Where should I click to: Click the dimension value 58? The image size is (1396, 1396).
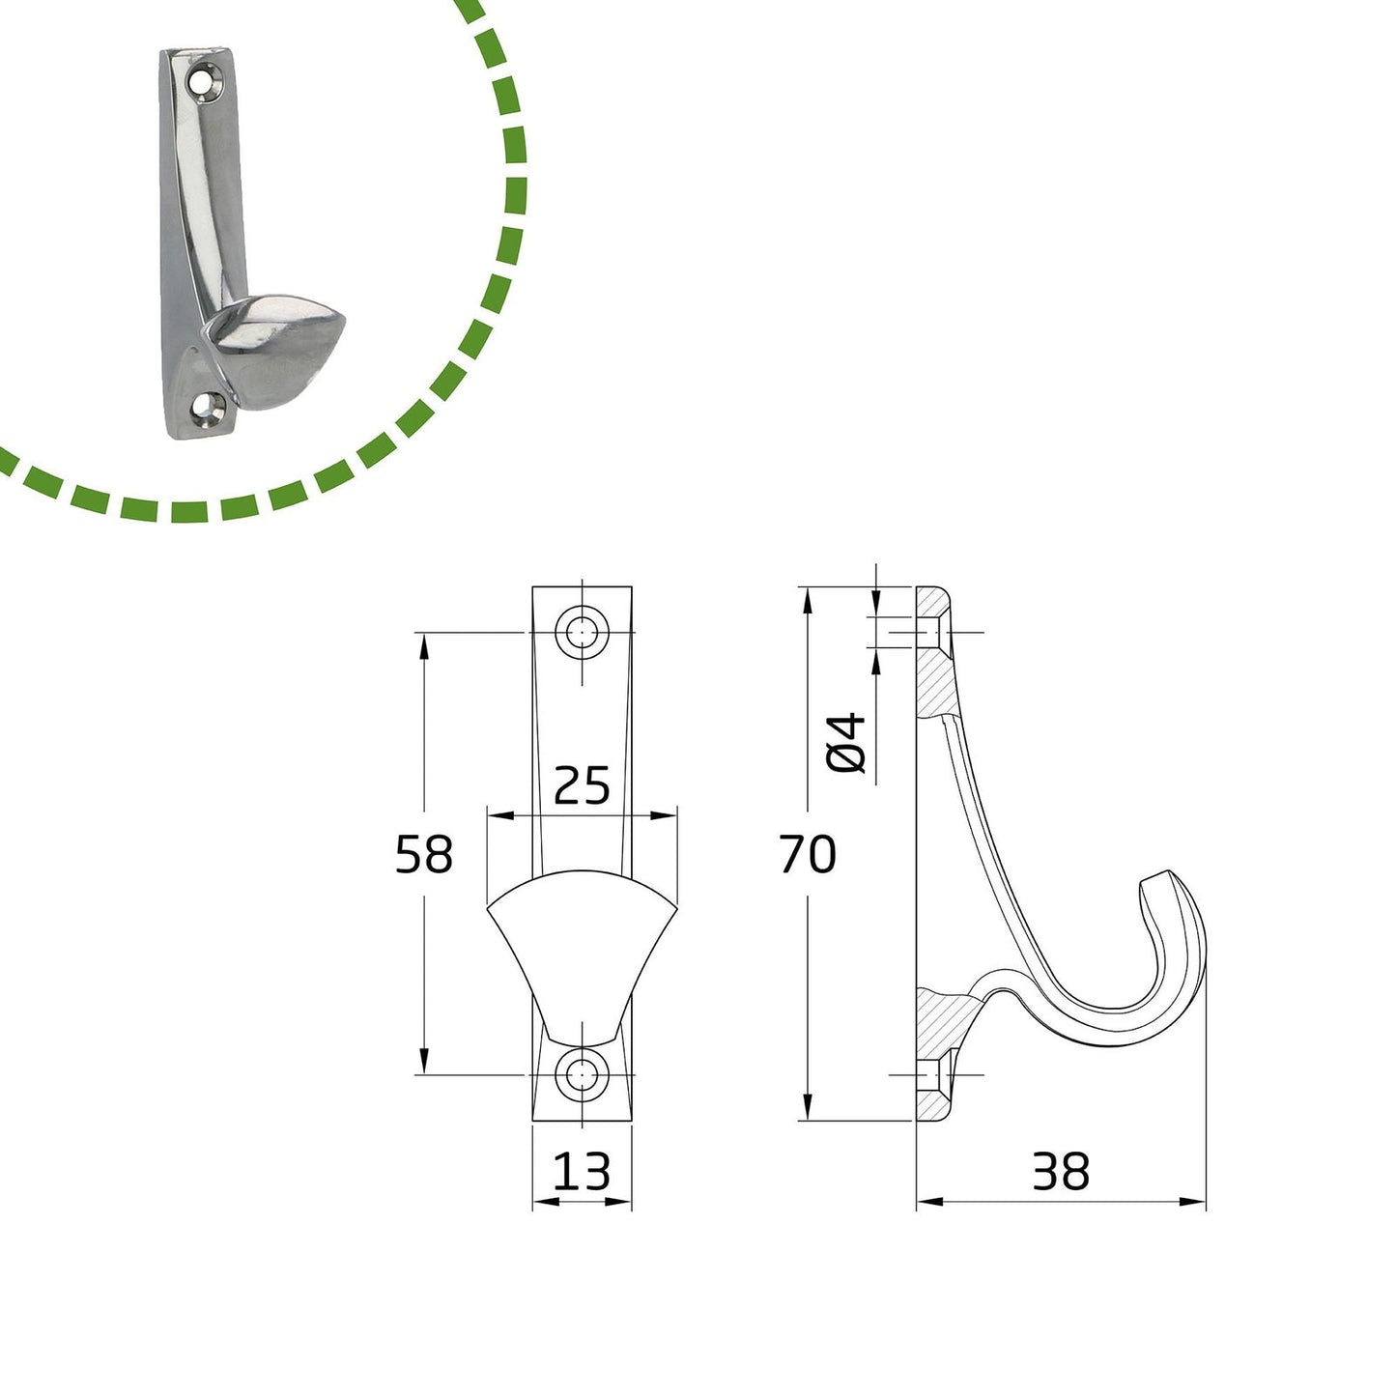click(x=424, y=853)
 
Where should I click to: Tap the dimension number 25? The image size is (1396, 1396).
click(x=582, y=785)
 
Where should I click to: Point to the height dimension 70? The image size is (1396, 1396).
click(x=808, y=853)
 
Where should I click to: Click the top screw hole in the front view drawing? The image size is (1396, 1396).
click(x=582, y=633)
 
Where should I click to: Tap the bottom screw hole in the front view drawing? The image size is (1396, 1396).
click(x=582, y=1074)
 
